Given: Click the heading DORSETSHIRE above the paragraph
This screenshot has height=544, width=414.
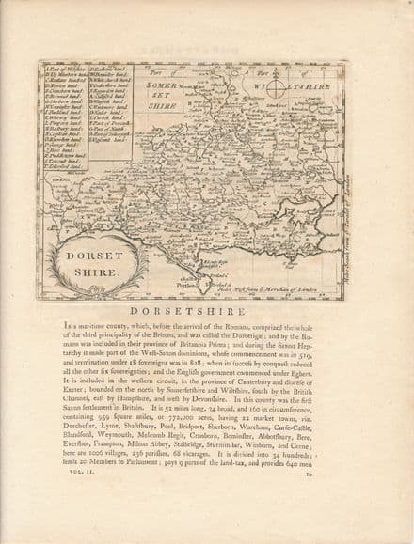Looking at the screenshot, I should point(206,311).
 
